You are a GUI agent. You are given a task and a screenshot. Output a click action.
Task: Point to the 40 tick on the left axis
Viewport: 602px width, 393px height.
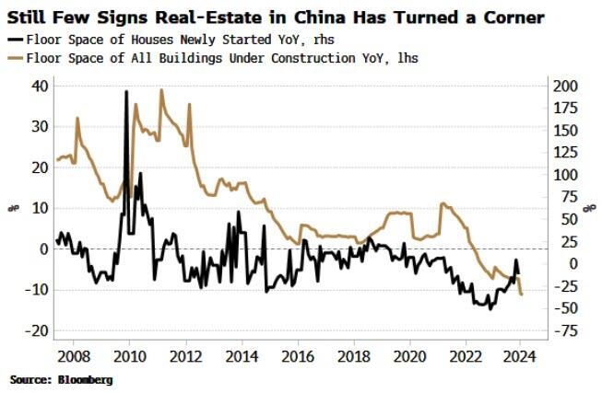[41, 86]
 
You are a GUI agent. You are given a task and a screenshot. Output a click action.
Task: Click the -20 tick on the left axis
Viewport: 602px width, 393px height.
[38, 331]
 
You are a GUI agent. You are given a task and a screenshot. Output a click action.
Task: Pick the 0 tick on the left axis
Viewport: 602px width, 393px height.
[44, 249]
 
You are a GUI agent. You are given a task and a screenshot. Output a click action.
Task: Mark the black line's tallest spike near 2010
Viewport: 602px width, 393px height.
[126, 92]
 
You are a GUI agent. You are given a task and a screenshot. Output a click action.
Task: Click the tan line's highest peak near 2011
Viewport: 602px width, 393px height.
[161, 90]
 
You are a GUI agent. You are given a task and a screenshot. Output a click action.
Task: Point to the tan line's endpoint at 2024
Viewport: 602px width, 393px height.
[523, 295]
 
